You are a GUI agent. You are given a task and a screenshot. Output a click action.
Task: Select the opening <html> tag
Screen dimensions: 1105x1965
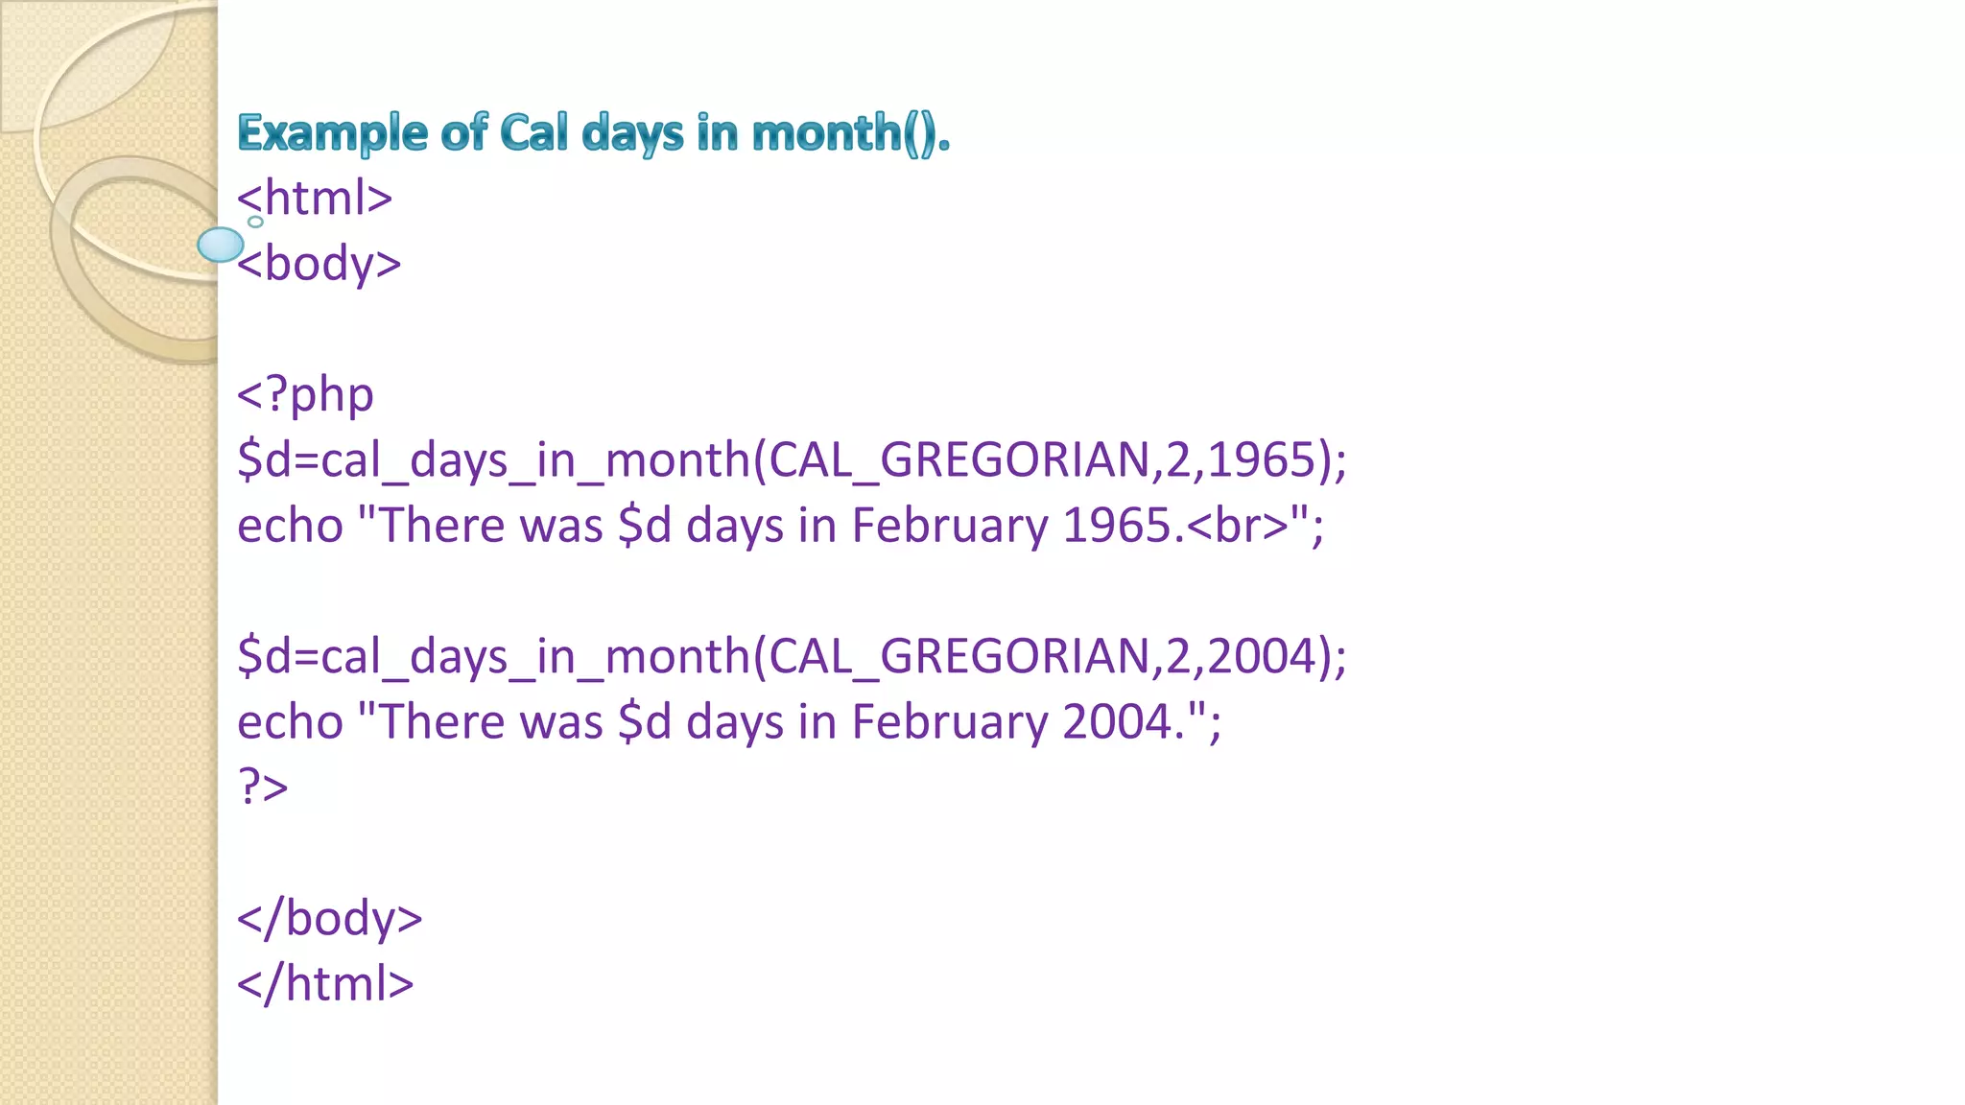(x=315, y=199)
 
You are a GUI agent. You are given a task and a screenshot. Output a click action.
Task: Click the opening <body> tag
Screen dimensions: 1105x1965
(x=320, y=264)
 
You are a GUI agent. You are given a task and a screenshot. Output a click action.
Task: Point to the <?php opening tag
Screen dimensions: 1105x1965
(x=305, y=394)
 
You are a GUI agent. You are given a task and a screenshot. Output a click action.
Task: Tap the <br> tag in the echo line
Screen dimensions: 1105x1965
(x=1239, y=526)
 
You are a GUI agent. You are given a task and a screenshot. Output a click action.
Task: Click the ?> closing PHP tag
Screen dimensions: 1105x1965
(x=262, y=788)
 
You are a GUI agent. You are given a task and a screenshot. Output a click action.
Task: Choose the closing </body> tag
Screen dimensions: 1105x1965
(x=329, y=918)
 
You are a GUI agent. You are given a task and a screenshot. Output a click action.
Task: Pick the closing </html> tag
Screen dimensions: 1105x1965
(x=325, y=984)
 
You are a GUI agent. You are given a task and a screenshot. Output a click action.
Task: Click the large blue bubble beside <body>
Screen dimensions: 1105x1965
(x=221, y=245)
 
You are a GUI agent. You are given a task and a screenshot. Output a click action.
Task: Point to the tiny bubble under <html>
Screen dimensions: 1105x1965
(x=255, y=222)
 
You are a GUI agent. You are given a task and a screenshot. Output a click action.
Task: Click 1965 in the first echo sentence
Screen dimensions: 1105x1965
(x=1117, y=526)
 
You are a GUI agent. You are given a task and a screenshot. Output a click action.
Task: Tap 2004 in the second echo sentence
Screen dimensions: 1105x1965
(x=1117, y=722)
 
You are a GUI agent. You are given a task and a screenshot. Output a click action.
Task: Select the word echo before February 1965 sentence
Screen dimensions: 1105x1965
(x=290, y=526)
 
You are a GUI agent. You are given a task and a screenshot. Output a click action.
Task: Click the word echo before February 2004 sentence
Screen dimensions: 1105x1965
(x=290, y=722)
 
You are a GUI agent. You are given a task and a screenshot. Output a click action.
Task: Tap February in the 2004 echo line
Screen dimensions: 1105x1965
(x=950, y=722)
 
